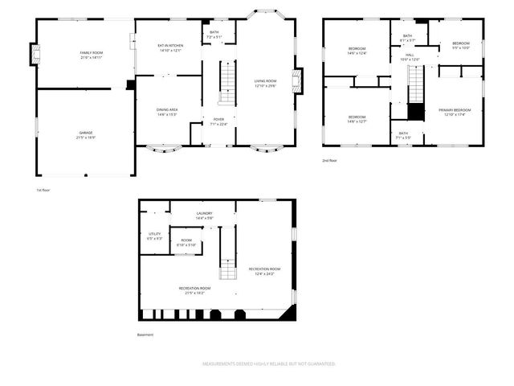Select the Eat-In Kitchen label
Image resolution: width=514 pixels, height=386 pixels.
click(169, 47)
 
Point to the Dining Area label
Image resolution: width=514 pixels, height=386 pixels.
click(167, 111)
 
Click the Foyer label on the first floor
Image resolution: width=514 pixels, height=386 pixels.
click(218, 121)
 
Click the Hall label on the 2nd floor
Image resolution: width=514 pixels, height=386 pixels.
click(410, 56)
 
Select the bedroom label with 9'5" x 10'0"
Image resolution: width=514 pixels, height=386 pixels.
click(460, 45)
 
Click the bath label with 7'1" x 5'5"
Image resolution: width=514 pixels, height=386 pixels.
click(402, 135)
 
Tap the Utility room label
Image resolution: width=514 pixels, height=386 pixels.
click(155, 236)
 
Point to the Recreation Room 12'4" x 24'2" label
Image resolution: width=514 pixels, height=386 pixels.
click(264, 271)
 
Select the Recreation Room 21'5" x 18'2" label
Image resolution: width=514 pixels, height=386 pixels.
click(194, 290)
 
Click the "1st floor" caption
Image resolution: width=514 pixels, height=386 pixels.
click(43, 190)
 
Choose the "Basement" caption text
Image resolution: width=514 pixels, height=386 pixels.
click(145, 335)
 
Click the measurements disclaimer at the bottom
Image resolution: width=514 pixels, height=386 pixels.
click(268, 363)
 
